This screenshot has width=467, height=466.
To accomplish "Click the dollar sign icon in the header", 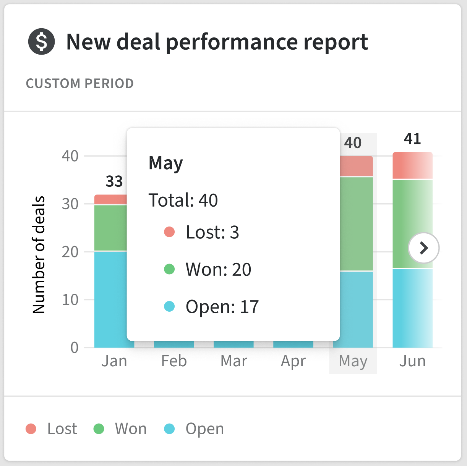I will point(41,42).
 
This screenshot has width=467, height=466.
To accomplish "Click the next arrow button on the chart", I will point(423,248).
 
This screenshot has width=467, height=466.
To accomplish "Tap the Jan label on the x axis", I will point(114,361).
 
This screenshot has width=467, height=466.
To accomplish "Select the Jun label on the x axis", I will point(412,361).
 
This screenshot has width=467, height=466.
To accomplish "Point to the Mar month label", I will point(234,361).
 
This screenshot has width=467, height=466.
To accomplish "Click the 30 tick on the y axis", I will point(70,204).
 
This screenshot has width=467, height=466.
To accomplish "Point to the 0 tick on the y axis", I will point(75,348).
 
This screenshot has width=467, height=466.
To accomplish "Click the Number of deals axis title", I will point(39,255).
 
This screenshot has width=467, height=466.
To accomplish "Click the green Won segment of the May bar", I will point(353,223).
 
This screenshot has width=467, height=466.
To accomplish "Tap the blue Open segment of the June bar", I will point(412,308).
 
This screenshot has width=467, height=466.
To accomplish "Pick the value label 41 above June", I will point(412,139).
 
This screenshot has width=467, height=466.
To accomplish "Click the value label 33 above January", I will point(114,181).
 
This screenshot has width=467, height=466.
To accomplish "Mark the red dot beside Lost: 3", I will point(169,232).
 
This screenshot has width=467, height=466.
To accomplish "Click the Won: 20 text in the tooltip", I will point(218,269).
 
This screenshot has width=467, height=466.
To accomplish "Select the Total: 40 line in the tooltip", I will point(183,200).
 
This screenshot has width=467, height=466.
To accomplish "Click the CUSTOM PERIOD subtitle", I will point(80,83).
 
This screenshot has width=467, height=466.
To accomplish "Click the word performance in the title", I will point(232,42).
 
